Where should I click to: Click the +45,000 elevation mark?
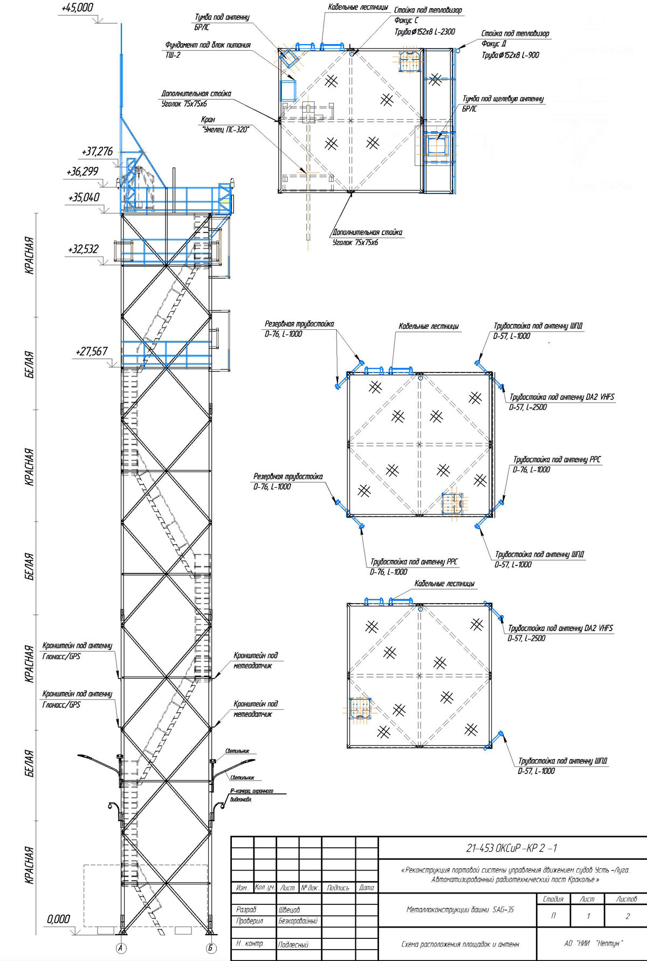(77, 8)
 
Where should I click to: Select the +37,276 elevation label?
(97, 151)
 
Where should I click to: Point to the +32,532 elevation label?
(83, 249)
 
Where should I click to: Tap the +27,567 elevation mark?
(91, 351)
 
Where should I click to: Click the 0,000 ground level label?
(58, 919)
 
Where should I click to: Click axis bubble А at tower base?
(121, 948)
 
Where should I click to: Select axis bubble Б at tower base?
(211, 948)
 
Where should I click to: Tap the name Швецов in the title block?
(289, 910)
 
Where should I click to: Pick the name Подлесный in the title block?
(293, 944)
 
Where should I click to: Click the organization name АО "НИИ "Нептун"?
(593, 943)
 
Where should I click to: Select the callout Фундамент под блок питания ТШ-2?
(208, 50)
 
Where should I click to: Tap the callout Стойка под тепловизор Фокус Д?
(514, 44)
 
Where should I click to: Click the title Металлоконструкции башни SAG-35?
(460, 909)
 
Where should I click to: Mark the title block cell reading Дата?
(367, 887)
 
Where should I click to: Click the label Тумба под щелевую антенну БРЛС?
(503, 103)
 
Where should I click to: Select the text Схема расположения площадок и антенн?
(460, 944)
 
